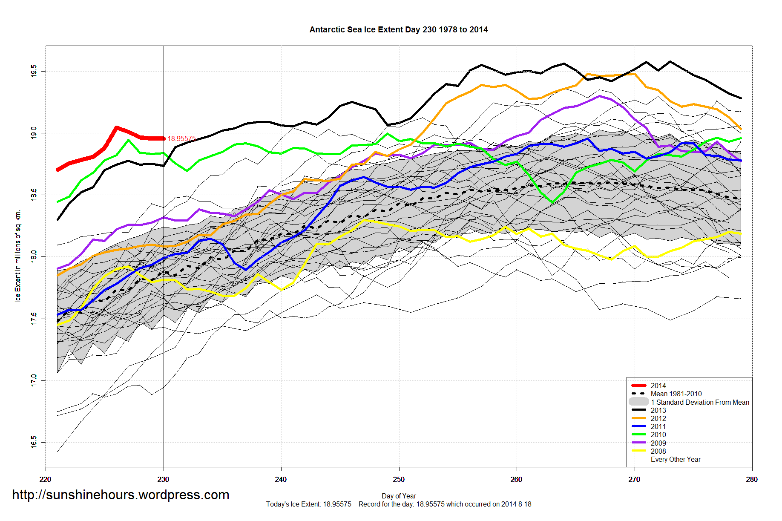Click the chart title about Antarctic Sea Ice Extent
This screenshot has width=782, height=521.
pos(398,30)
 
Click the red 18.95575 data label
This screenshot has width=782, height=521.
pos(181,138)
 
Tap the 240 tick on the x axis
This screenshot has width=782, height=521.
pos(281,479)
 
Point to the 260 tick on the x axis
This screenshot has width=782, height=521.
pos(516,479)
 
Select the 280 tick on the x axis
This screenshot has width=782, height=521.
pos(752,479)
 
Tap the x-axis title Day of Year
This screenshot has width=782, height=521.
pos(399,496)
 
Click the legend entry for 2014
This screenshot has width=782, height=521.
pos(658,386)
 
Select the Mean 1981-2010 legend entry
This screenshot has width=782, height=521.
pos(676,394)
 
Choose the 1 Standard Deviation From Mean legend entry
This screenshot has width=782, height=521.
pos(699,402)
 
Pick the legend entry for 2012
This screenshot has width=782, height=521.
pos(658,418)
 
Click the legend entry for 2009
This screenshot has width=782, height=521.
pos(658,443)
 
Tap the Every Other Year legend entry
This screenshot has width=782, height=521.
pos(675,459)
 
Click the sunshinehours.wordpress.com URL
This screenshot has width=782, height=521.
pos(121,495)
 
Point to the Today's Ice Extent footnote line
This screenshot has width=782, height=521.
pos(399,504)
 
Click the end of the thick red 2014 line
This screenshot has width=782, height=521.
pos(164,138)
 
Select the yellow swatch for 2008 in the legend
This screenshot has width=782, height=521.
pos(639,451)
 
